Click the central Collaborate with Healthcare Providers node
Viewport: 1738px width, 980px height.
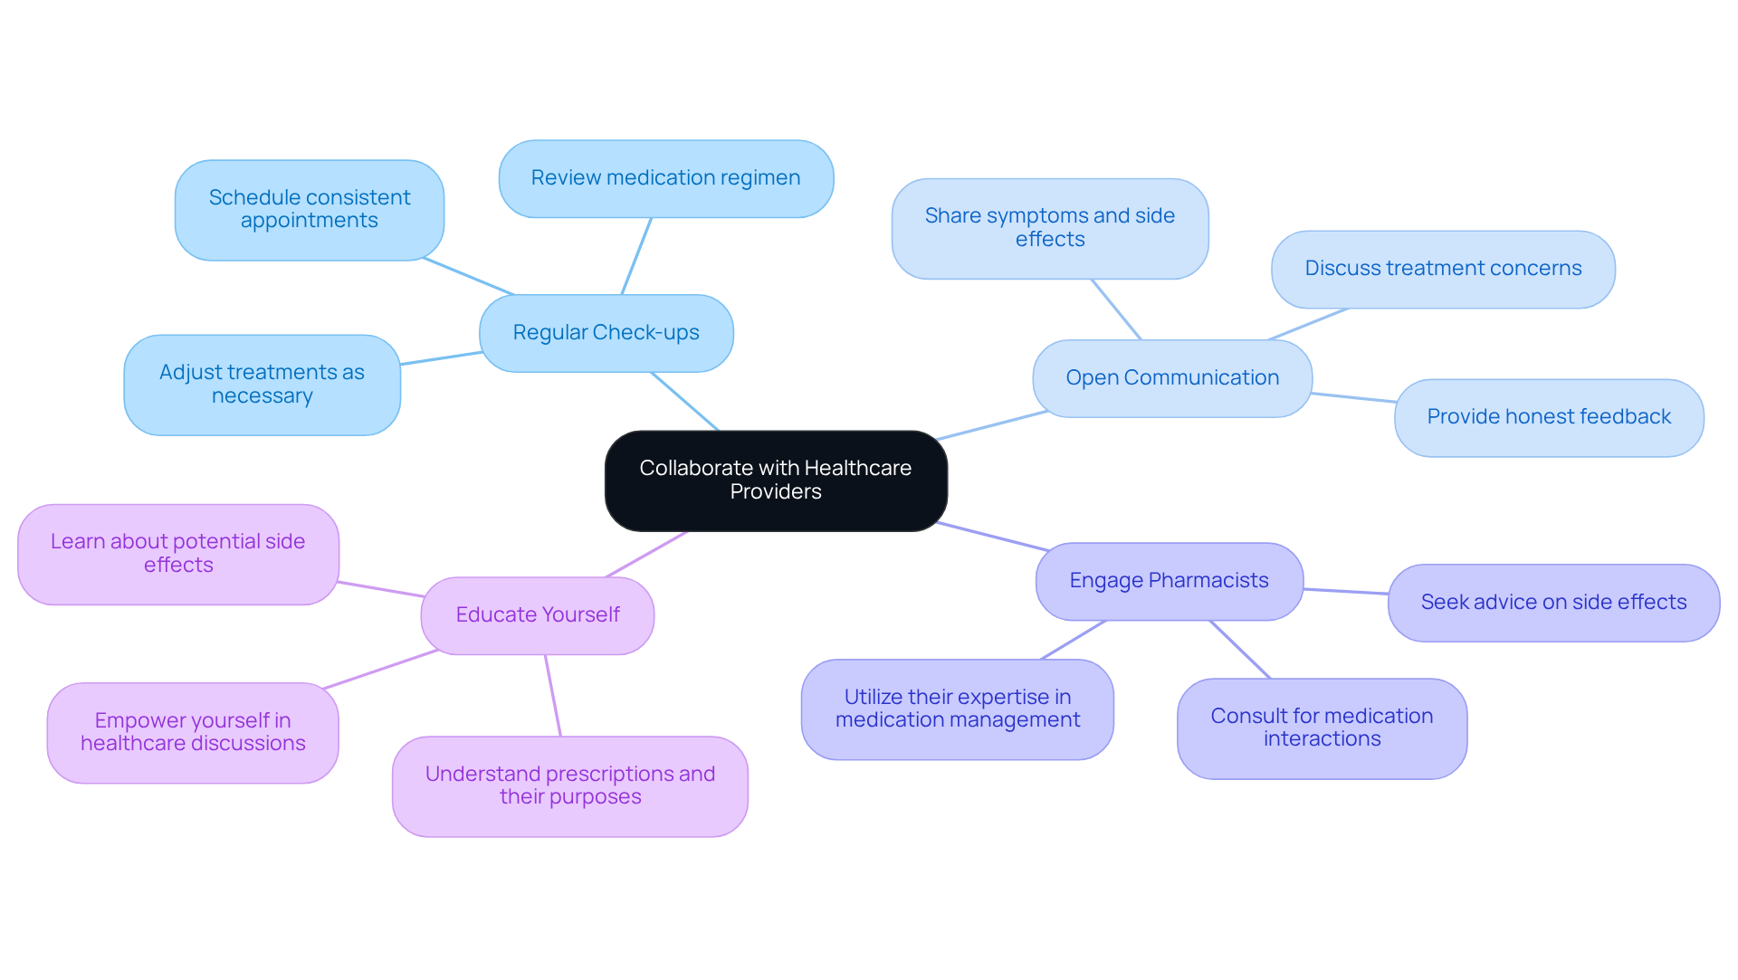[x=776, y=480]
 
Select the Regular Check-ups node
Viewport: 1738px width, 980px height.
[x=606, y=333]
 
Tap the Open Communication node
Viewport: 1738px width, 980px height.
[x=1171, y=378]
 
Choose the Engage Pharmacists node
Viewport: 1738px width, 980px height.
[x=1169, y=581]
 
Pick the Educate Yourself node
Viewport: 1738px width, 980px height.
[x=537, y=615]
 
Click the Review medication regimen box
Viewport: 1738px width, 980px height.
[x=665, y=178]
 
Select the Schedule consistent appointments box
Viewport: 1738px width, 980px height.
[x=309, y=210]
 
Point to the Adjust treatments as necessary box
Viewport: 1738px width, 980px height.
[x=262, y=385]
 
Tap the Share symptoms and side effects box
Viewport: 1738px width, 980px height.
[x=1049, y=228]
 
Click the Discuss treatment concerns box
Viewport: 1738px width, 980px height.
[x=1442, y=269]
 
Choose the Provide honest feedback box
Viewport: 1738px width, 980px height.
[x=1548, y=417]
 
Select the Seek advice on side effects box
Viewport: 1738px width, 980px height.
[x=1552, y=603]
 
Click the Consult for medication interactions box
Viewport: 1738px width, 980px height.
[x=1321, y=728]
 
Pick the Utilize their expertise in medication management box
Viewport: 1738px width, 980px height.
[x=957, y=709]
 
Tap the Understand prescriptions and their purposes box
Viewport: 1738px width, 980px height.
[x=569, y=785]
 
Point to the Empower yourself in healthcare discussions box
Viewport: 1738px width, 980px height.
[x=192, y=732]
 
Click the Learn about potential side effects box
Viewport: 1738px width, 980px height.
[x=177, y=554]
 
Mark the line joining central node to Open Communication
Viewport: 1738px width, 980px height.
[x=992, y=425]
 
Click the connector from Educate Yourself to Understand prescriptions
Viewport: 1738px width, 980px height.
[x=553, y=695]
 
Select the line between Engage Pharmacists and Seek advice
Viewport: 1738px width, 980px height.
[x=1345, y=592]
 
